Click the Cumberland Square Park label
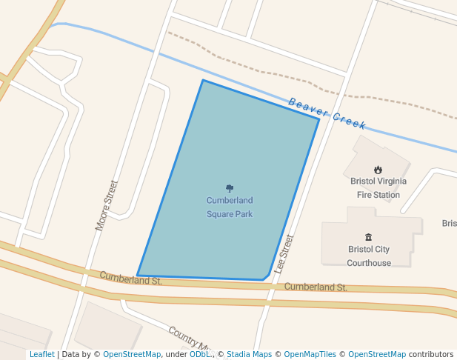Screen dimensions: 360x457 tap(230, 207)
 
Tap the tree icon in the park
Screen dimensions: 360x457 tap(230, 189)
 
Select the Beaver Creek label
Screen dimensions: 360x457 tap(327, 112)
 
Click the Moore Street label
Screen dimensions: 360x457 tap(107, 205)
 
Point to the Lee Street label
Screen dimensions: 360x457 tap(284, 253)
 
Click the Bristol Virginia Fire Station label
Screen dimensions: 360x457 tap(378, 187)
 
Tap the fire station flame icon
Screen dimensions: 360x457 tap(378, 170)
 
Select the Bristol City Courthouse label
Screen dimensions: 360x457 tap(369, 256)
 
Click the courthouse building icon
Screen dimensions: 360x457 tap(369, 237)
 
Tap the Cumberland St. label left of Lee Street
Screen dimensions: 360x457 tap(131, 279)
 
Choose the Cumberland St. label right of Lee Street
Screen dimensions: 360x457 tap(316, 287)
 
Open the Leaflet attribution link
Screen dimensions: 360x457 tap(41, 354)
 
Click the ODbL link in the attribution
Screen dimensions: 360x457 tap(200, 354)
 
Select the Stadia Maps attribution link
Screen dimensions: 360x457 tap(249, 354)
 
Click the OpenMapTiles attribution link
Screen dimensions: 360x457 tap(309, 354)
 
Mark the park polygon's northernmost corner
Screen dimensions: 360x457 tap(203, 80)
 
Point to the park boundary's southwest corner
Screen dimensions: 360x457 tap(138, 276)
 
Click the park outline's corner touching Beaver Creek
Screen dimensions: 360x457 tap(319, 119)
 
